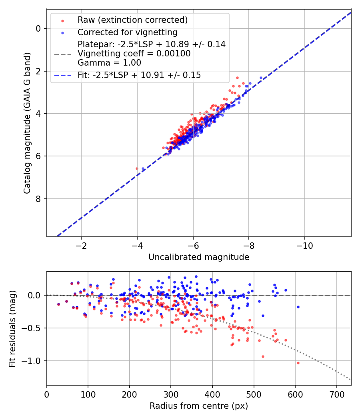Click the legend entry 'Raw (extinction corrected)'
132,20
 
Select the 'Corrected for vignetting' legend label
127,32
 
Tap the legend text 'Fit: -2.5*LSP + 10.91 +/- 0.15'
139,75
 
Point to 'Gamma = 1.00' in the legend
109,62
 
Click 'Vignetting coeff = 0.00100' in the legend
134,53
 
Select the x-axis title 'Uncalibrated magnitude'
199,257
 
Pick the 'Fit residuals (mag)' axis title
12,328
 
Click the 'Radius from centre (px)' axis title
199,406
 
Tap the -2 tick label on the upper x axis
81,245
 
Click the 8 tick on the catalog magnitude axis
38,199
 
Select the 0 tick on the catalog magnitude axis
38,28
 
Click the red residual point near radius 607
298,363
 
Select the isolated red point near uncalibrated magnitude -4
137,169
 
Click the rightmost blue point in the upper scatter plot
261,78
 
